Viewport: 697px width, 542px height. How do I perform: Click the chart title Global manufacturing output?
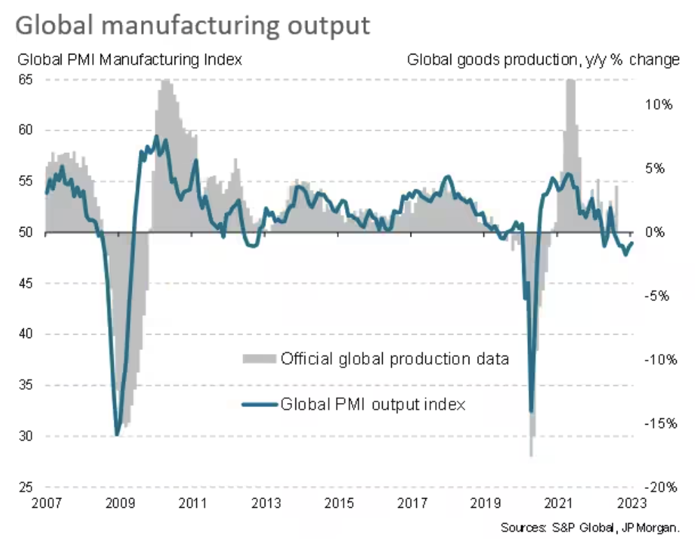[x=191, y=25]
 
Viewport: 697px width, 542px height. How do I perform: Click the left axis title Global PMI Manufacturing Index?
[x=129, y=59]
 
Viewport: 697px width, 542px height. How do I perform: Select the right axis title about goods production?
[x=543, y=59]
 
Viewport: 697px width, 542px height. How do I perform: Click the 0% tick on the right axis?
[x=659, y=232]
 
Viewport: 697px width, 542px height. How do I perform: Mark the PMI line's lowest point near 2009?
[x=117, y=435]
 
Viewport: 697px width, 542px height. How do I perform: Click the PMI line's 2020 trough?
[x=531, y=411]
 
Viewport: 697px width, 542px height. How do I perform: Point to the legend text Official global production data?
[x=395, y=359]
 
